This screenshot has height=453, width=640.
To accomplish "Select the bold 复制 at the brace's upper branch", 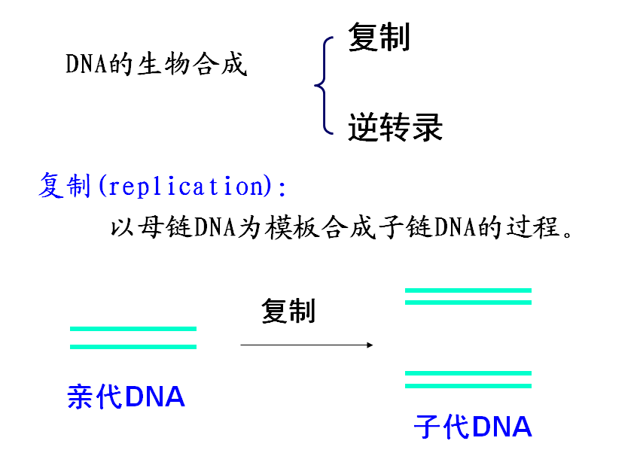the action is (x=379, y=37).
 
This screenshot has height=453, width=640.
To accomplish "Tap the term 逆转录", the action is (x=395, y=128).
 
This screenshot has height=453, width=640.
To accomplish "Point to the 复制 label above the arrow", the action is (x=288, y=311).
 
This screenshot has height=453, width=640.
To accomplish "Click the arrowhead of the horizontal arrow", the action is (x=369, y=345).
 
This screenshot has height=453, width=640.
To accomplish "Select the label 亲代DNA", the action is (x=126, y=397).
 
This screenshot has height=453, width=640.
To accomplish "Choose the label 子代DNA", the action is (x=473, y=427).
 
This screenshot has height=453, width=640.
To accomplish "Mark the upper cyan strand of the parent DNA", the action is (x=133, y=329).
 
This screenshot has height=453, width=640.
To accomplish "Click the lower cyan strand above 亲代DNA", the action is (x=133, y=346).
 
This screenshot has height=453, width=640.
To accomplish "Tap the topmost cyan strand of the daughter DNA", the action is (x=468, y=290).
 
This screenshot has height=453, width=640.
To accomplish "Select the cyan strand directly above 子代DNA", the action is (x=468, y=385).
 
